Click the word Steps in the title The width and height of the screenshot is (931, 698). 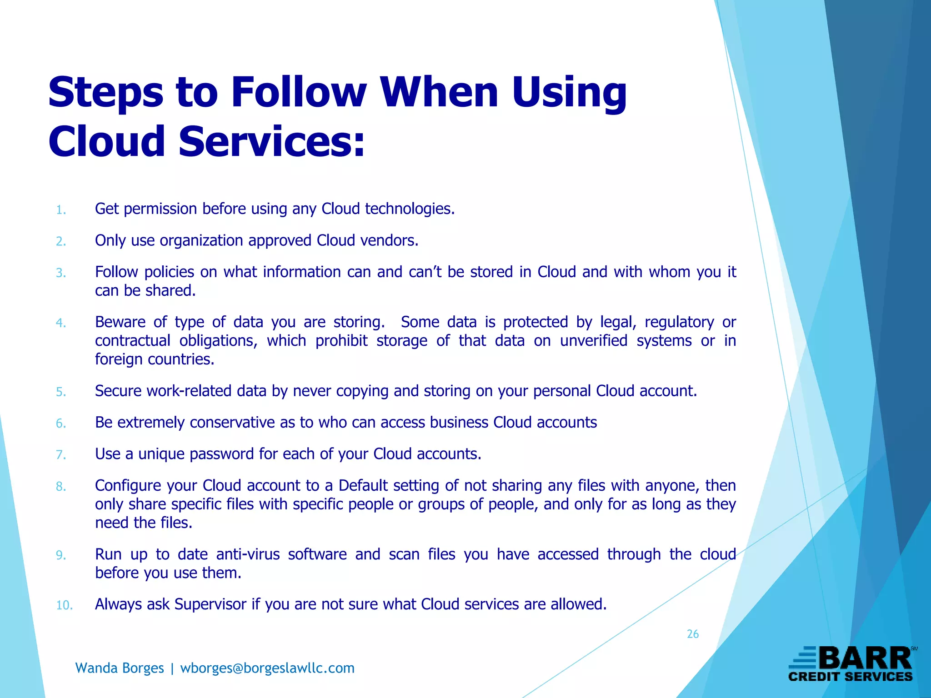pyautogui.click(x=105, y=94)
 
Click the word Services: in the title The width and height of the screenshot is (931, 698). pyautogui.click(x=271, y=142)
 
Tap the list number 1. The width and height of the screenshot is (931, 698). pyautogui.click(x=61, y=210)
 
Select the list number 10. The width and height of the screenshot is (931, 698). pyautogui.click(x=64, y=605)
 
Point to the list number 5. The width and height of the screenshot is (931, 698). pyautogui.click(x=61, y=392)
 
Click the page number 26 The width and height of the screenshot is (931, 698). pyautogui.click(x=692, y=634)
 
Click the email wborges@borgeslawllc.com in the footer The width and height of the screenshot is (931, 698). pyautogui.click(x=267, y=668)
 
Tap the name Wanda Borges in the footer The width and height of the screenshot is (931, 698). pyautogui.click(x=120, y=668)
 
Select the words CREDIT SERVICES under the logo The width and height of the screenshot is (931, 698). pyautogui.click(x=850, y=677)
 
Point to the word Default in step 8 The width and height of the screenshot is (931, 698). pyautogui.click(x=363, y=486)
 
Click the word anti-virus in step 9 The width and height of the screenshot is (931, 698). pyautogui.click(x=248, y=554)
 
